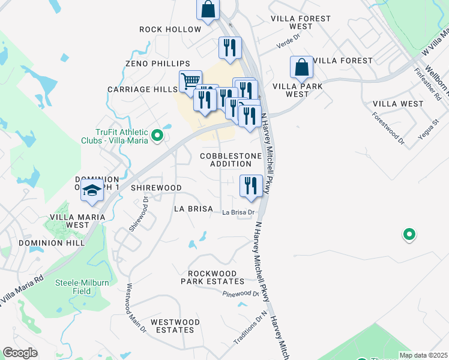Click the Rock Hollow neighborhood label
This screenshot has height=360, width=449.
(170, 29)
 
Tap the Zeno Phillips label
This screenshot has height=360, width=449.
(157, 64)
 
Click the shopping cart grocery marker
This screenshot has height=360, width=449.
(190, 80)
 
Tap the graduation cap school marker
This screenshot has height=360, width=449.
(92, 191)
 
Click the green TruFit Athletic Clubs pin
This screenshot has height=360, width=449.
(157, 136)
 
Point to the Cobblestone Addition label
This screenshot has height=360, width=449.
(231, 160)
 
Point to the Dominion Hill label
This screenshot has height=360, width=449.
(46, 243)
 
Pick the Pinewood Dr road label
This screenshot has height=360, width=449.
(240, 294)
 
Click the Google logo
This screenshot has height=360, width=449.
(20, 353)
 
